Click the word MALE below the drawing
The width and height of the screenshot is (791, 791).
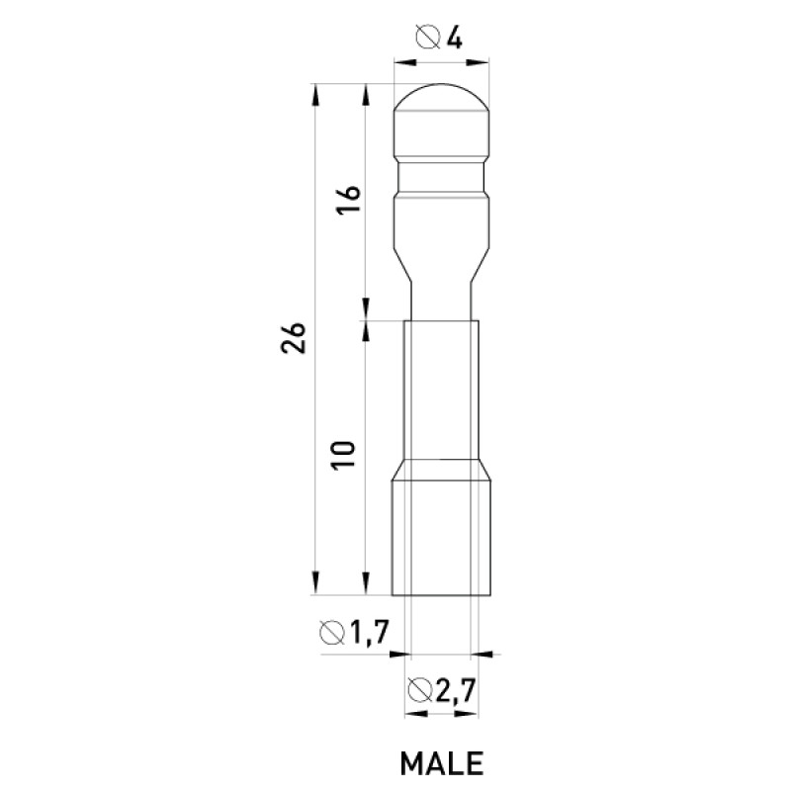(x=441, y=763)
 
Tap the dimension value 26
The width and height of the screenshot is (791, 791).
(x=294, y=337)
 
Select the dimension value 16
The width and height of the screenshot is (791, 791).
(x=349, y=200)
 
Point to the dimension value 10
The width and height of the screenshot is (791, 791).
(x=344, y=456)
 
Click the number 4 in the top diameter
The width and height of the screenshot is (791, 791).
(x=454, y=39)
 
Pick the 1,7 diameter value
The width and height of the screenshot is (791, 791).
(x=370, y=633)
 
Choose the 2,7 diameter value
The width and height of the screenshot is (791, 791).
(x=456, y=690)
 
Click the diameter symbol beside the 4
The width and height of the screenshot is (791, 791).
(x=429, y=39)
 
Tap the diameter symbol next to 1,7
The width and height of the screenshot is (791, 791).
(x=332, y=633)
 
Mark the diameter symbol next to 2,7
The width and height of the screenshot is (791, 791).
(x=419, y=690)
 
